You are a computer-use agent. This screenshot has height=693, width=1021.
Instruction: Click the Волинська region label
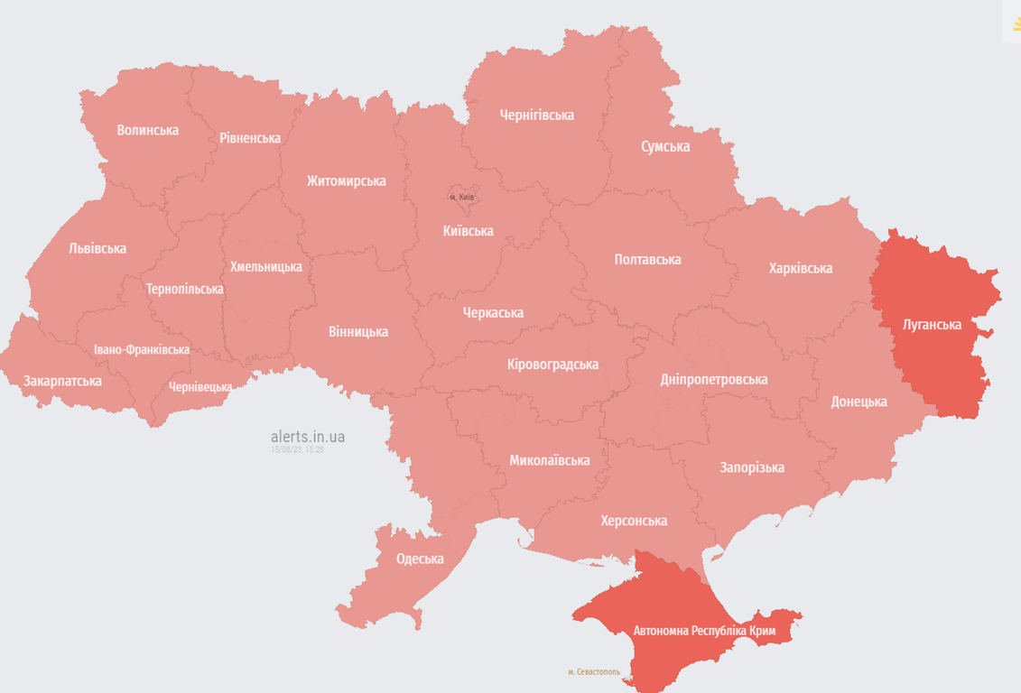(x=148, y=130)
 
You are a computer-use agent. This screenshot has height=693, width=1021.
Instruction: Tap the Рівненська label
(x=250, y=138)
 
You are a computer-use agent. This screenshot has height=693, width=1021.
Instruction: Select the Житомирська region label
(x=346, y=180)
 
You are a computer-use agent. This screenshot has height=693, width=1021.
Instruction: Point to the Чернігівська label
(x=537, y=115)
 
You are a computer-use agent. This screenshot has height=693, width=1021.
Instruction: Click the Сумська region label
(x=665, y=146)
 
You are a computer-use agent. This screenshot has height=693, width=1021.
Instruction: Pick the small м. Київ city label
(x=461, y=197)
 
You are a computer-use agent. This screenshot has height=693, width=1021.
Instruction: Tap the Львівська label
(x=97, y=248)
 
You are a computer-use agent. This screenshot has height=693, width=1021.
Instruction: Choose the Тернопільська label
(x=185, y=289)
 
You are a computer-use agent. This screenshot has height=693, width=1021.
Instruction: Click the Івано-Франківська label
(x=142, y=349)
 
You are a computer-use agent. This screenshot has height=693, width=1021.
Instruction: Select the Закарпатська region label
(x=62, y=381)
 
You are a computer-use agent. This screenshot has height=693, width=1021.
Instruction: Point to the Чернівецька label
(x=200, y=387)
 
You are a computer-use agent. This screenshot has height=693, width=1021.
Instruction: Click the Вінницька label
(x=358, y=331)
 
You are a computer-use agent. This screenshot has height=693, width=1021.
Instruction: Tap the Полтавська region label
(x=647, y=259)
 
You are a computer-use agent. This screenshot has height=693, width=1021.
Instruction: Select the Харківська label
(x=801, y=268)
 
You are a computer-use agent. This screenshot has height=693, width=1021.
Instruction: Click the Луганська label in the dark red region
(x=932, y=324)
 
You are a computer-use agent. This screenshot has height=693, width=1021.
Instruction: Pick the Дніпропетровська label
(x=713, y=379)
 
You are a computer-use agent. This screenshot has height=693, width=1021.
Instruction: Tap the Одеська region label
(x=420, y=559)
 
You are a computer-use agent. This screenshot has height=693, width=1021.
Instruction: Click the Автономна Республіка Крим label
(x=704, y=631)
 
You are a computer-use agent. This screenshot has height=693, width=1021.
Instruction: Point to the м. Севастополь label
(x=594, y=672)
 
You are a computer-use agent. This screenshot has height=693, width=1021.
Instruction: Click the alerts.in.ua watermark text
(x=307, y=437)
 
